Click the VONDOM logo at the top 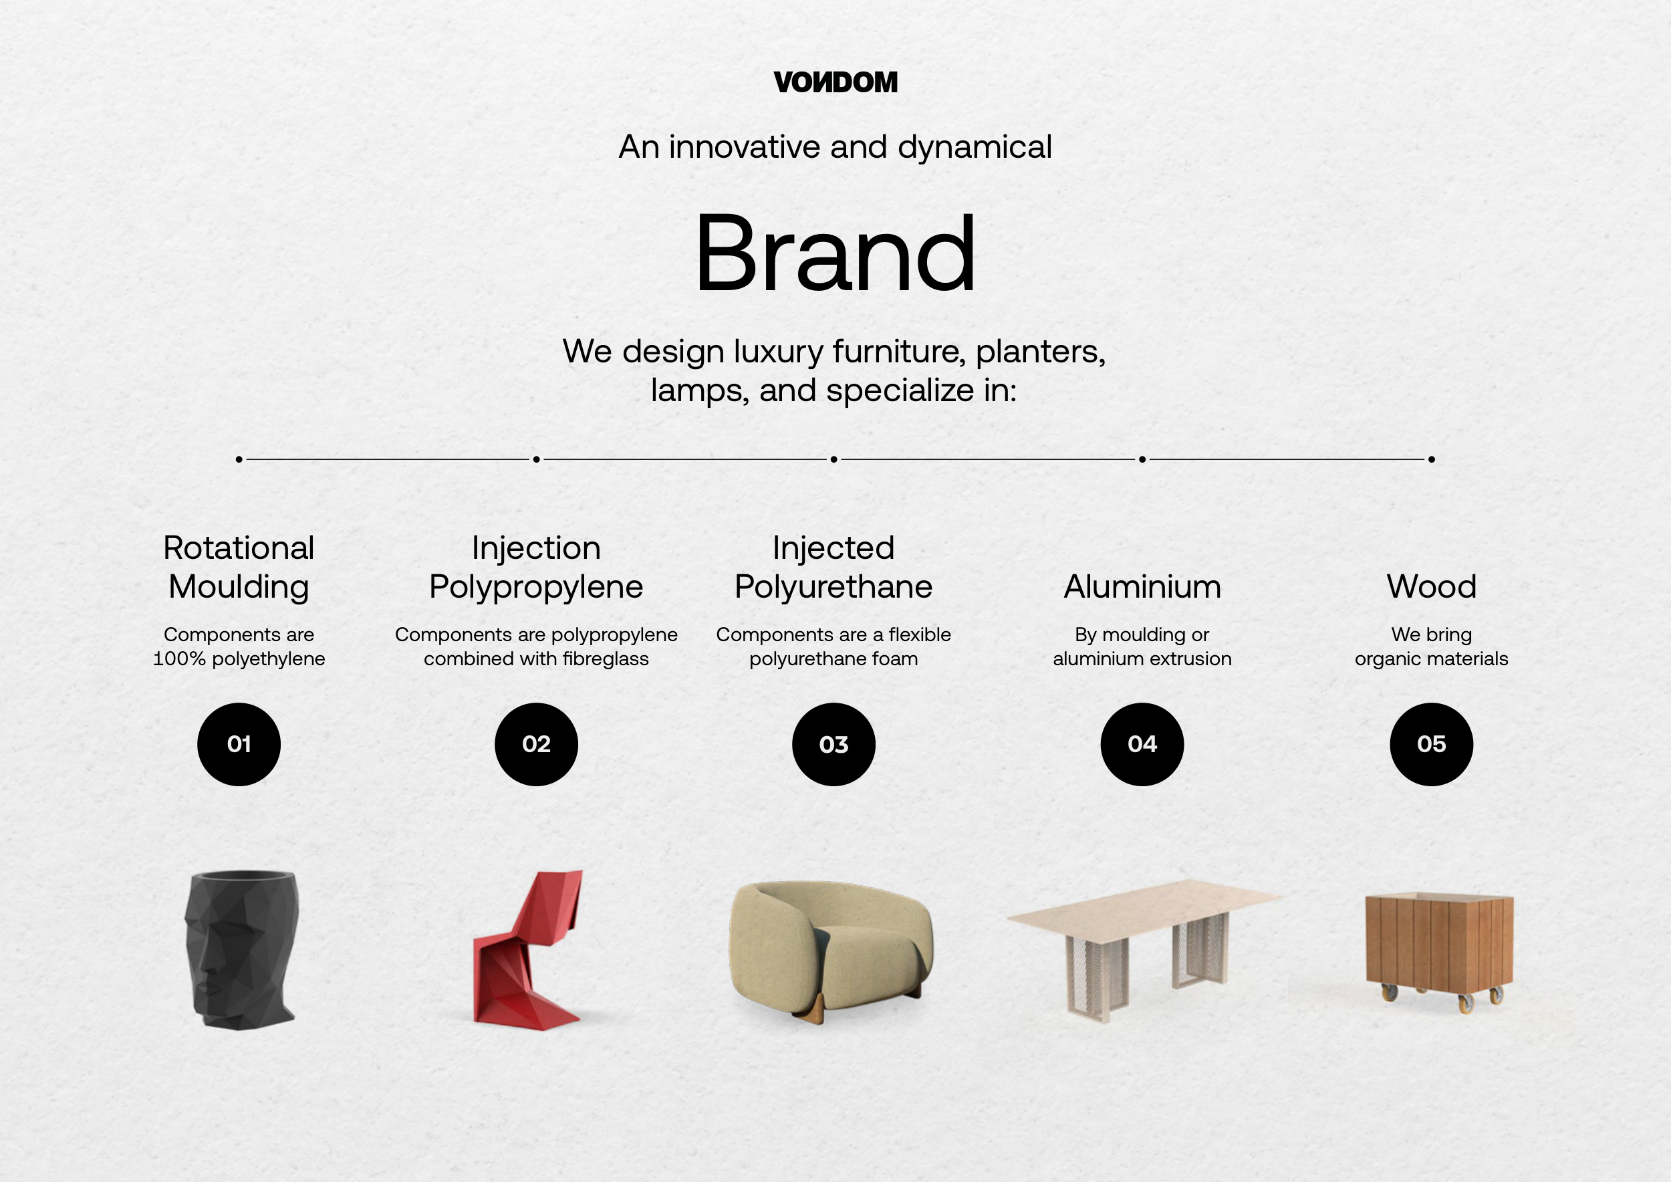[835, 82]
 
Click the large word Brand [835, 253]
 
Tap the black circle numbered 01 [239, 744]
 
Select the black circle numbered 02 [536, 744]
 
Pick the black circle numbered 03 [834, 744]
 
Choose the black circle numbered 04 [1142, 744]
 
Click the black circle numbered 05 [1432, 744]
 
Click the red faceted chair [529, 950]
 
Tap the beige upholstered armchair [831, 950]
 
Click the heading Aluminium [1142, 586]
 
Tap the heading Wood [1432, 586]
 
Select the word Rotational [239, 548]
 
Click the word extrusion [1190, 659]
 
